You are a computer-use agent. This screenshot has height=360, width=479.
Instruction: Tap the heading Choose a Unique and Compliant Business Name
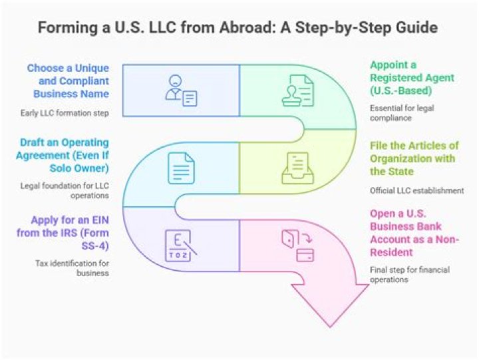[68, 81]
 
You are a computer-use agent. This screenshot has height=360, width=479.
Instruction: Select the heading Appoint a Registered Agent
[412, 78]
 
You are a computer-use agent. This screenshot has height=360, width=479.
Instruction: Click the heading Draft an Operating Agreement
[63, 155]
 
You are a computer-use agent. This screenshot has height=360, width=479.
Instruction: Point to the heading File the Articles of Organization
[414, 158]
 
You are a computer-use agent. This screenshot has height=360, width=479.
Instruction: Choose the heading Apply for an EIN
[63, 233]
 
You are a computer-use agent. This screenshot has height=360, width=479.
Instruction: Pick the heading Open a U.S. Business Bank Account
[414, 233]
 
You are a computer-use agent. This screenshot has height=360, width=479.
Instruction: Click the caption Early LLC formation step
[65, 113]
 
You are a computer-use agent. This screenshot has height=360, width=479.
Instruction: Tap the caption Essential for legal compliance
[402, 113]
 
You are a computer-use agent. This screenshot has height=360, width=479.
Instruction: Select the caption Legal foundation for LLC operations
[65, 191]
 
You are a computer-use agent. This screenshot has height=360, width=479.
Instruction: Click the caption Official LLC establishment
[416, 191]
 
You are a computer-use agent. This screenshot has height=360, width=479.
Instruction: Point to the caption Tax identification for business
[72, 268]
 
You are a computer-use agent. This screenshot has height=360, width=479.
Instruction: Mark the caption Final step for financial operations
[410, 275]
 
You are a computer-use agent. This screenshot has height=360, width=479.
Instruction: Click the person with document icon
[181, 90]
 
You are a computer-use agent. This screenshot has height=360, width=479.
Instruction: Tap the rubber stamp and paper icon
[298, 90]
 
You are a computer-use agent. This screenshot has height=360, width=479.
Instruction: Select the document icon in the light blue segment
[181, 168]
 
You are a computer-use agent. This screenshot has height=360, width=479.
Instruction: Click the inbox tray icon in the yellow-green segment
[298, 168]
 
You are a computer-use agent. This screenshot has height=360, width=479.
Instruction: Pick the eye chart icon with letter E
[180, 246]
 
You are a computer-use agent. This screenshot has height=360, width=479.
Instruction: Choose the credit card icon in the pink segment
[305, 255]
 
